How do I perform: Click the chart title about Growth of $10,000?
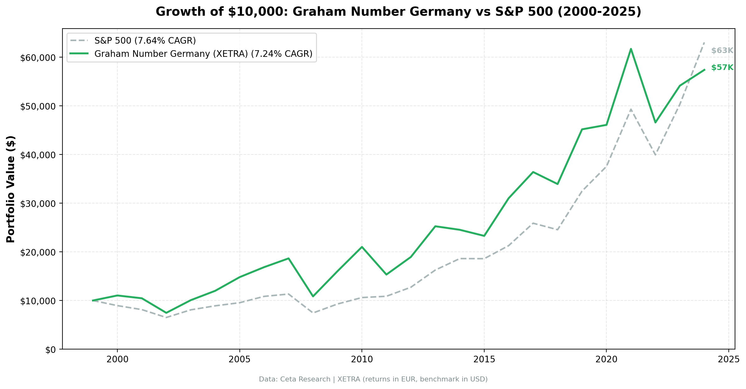[x=398, y=12]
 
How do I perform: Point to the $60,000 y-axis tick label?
[x=38, y=58]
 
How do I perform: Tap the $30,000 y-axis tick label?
[x=38, y=204]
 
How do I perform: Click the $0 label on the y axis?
[x=51, y=350]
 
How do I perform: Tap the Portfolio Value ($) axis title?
[x=11, y=189]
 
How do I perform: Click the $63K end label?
[x=722, y=51]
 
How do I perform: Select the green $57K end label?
[x=722, y=68]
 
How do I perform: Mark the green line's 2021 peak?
[x=631, y=49]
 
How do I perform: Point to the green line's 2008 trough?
[x=313, y=296]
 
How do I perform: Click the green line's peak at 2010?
[x=362, y=247]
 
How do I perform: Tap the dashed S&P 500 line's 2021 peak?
[x=631, y=109]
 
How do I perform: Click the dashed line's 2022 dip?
[x=655, y=155]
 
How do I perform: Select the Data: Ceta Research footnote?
[x=373, y=379]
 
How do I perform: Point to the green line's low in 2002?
[x=166, y=313]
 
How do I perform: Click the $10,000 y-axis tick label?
[x=38, y=301]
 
